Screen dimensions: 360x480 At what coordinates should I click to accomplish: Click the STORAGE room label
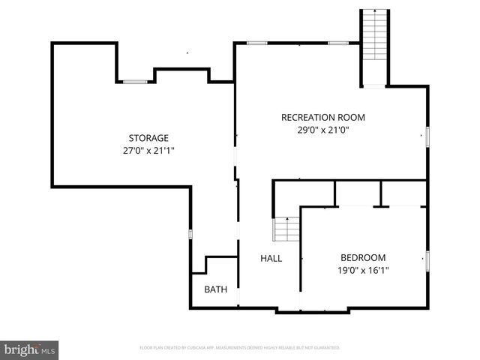pos(148,138)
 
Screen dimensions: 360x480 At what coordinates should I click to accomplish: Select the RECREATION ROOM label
pos(323,117)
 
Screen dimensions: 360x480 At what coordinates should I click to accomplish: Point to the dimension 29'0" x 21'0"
pos(323,130)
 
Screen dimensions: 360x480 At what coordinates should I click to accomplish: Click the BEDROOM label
pos(363,256)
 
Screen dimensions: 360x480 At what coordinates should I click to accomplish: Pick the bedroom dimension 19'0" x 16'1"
pos(363,270)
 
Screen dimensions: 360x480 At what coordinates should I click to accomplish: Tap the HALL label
pos(271,258)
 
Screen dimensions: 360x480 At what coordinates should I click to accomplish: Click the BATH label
pos(216,289)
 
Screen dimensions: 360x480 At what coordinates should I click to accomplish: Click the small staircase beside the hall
pos(285,229)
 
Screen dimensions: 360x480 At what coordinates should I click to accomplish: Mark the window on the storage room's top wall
pos(135,82)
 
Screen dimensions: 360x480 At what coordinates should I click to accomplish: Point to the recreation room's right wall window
pos(427,136)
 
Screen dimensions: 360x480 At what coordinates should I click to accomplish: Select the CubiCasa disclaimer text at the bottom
pos(240,348)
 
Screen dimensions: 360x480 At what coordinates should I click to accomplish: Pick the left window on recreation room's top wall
pos(257,43)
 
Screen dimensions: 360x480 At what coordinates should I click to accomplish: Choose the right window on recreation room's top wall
pos(338,43)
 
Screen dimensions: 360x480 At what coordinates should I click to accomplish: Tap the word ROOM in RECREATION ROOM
pos(351,117)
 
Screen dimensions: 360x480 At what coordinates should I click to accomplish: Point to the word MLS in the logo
pos(48,350)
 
